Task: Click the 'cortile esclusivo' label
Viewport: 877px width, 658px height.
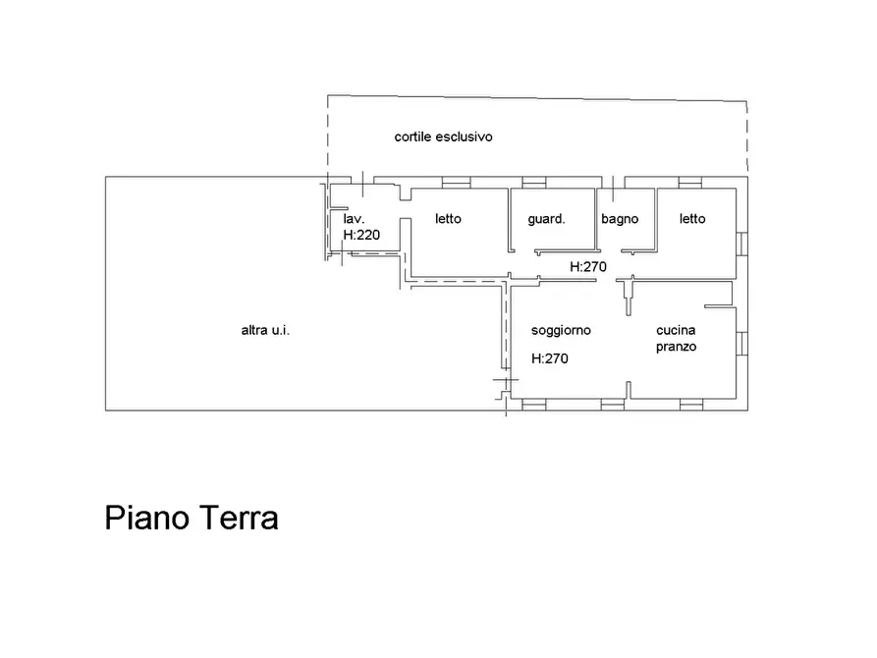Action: point(443,137)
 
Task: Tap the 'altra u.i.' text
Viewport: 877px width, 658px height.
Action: point(265,331)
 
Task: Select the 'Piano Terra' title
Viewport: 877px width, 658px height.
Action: point(192,518)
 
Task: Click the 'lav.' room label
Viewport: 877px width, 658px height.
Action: point(355,219)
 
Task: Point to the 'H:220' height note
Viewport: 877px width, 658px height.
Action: point(361,236)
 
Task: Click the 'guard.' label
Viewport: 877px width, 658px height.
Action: point(546,219)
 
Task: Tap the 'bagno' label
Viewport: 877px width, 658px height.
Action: point(620,219)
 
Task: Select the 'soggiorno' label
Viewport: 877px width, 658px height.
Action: point(561,331)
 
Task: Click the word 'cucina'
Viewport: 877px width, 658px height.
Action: point(676,331)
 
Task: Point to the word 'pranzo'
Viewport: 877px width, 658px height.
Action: point(676,347)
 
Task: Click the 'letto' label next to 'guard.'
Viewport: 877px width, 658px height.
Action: point(448,219)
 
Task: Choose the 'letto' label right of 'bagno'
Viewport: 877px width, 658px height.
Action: point(692,219)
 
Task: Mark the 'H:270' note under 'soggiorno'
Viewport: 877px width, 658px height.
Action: point(550,359)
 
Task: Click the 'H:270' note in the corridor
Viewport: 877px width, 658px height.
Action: point(589,266)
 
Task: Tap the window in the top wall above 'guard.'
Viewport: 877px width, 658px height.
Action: point(533,183)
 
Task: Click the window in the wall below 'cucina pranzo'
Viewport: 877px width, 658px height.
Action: point(690,404)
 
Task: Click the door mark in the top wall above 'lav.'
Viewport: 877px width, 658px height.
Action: point(362,183)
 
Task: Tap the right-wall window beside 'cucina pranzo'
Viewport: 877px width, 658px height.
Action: point(743,343)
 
